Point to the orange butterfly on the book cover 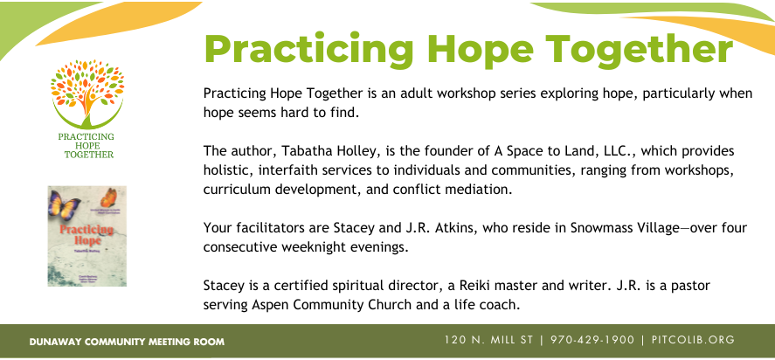(x=108, y=197)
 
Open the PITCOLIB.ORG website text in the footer (x=692, y=340)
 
